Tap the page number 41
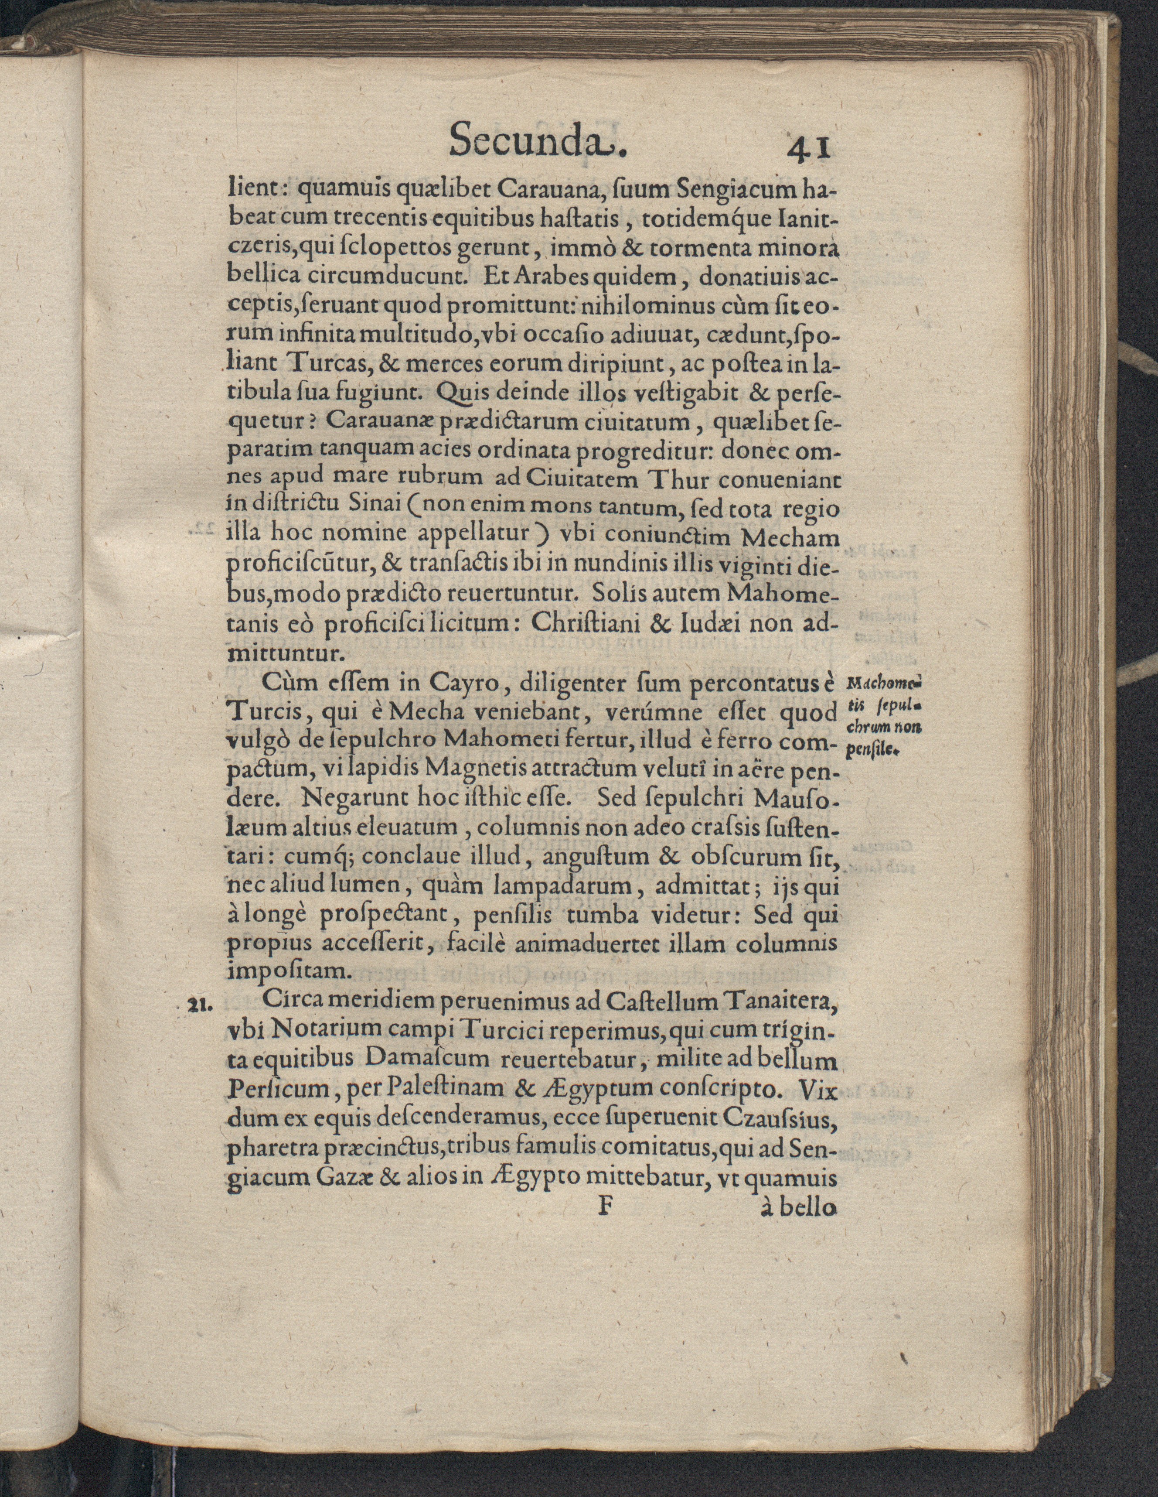[811, 147]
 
